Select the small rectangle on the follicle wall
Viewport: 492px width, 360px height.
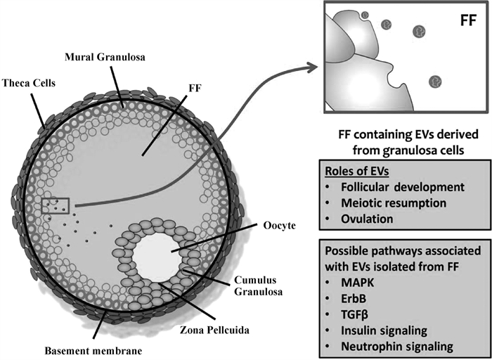[x=55, y=205]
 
